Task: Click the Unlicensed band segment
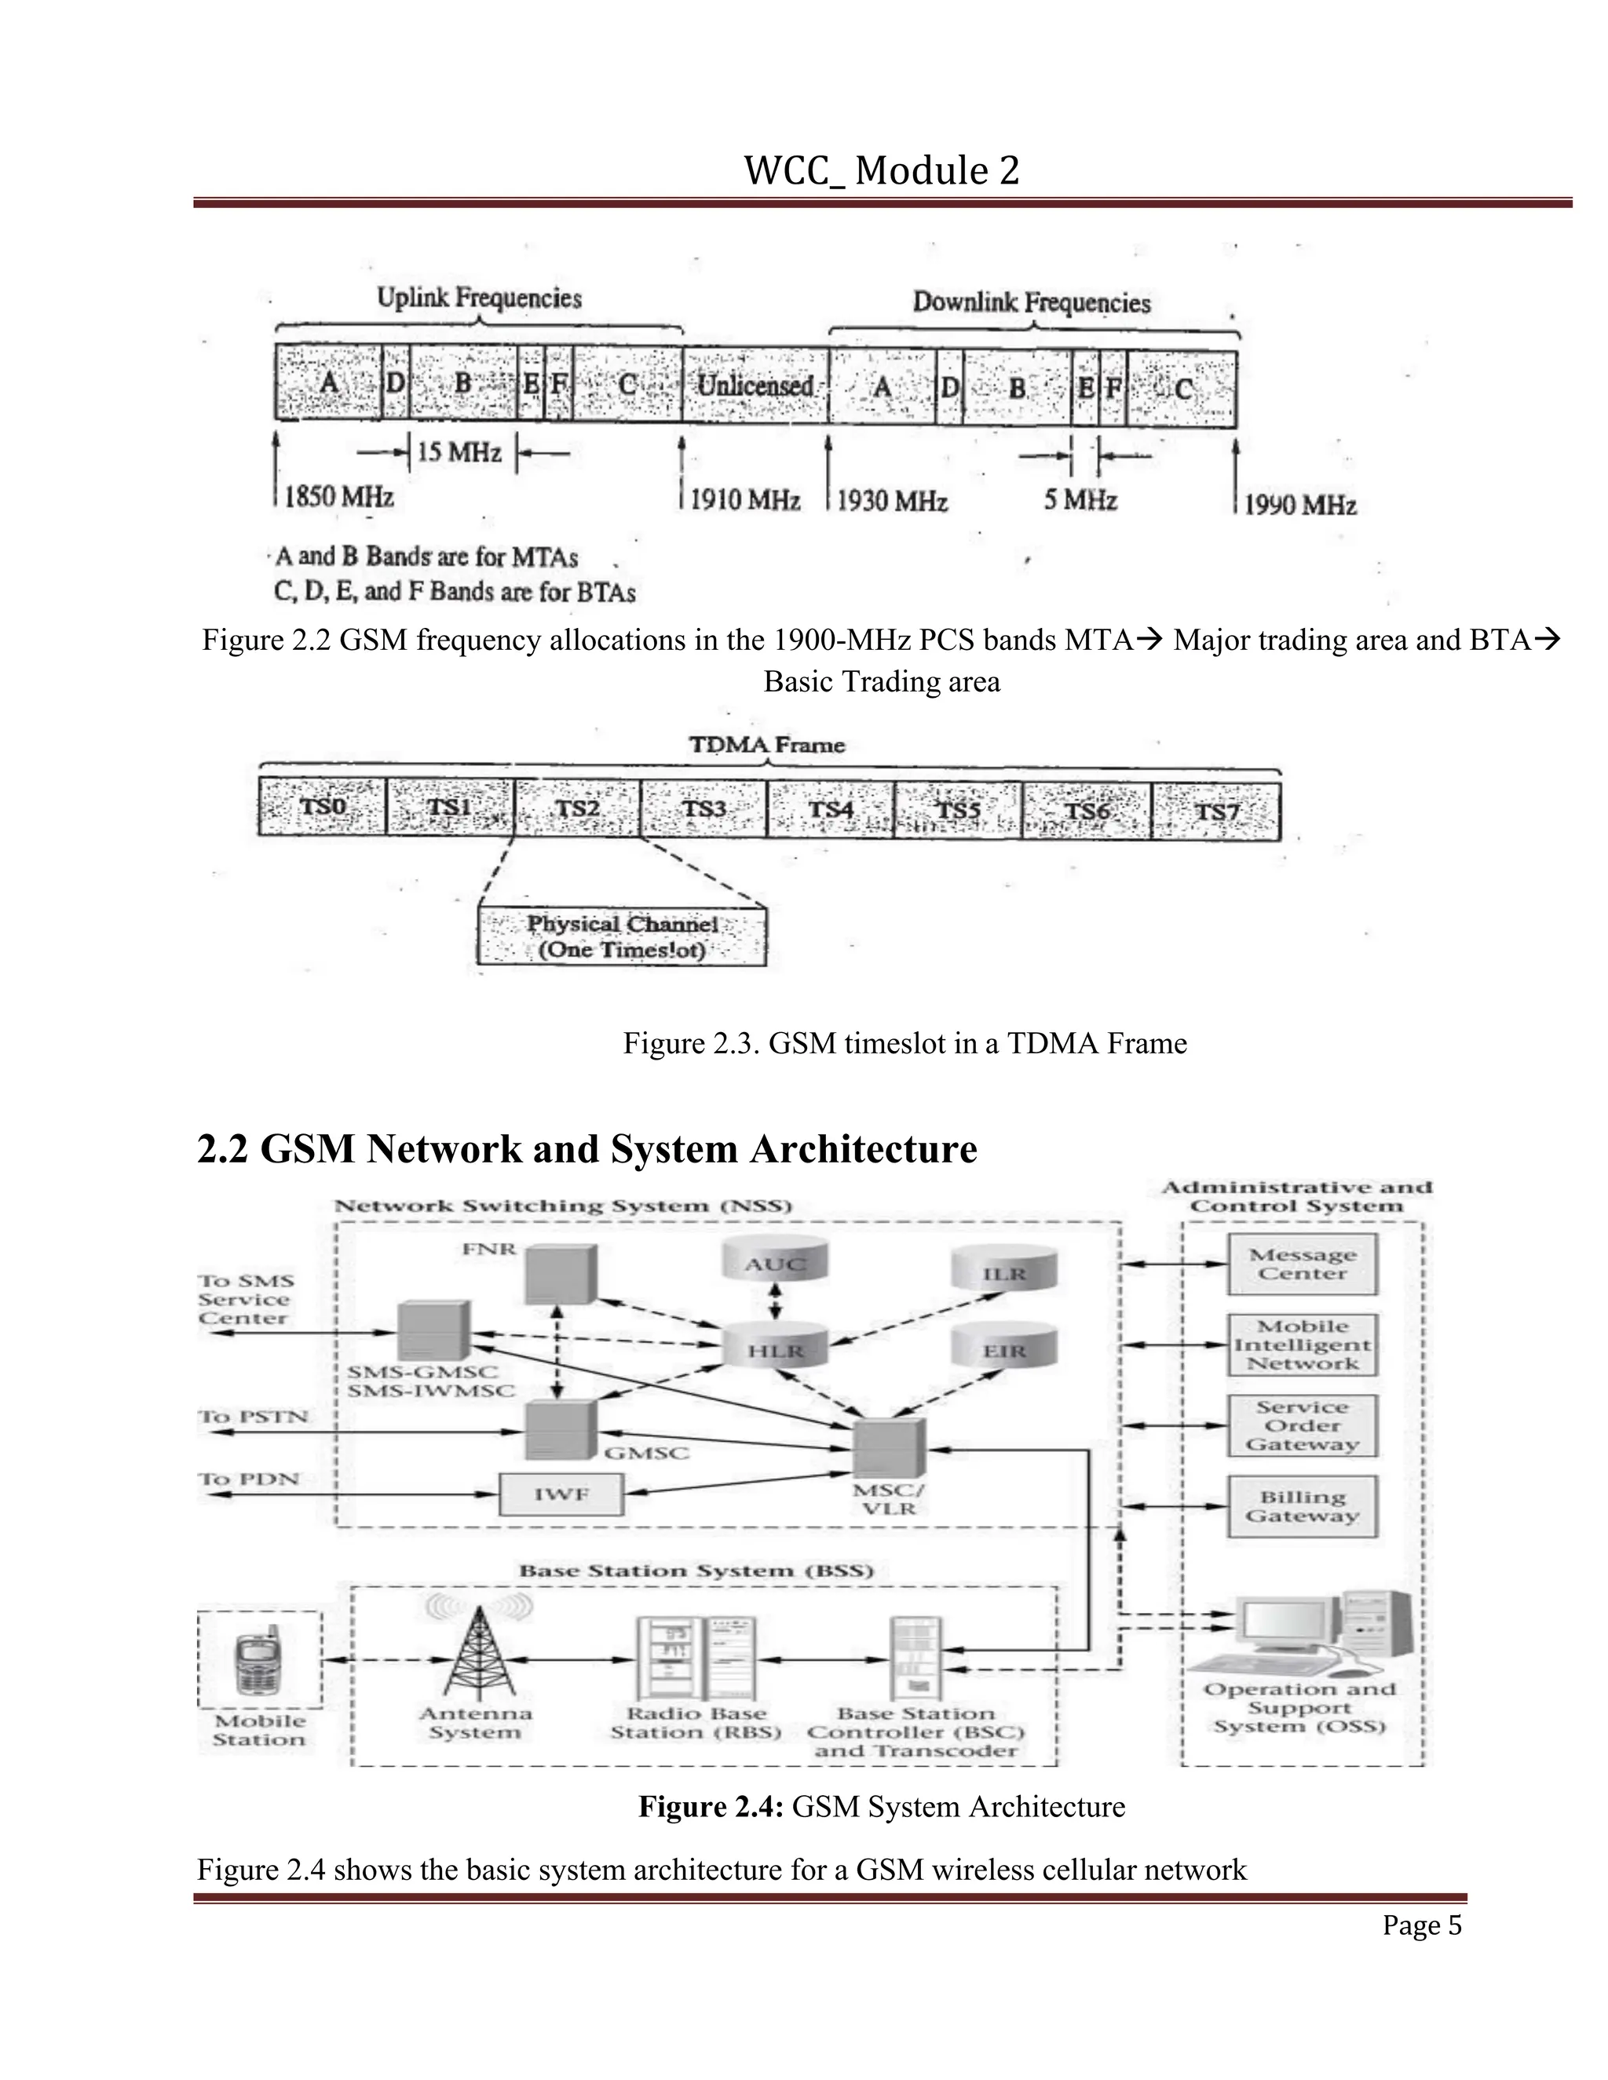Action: tap(755, 385)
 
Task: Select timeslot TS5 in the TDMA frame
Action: tap(957, 809)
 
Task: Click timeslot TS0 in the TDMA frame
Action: tap(322, 808)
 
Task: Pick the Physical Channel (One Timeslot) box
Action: tap(622, 937)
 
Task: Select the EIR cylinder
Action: tap(1004, 1349)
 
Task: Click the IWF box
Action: tap(561, 1494)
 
